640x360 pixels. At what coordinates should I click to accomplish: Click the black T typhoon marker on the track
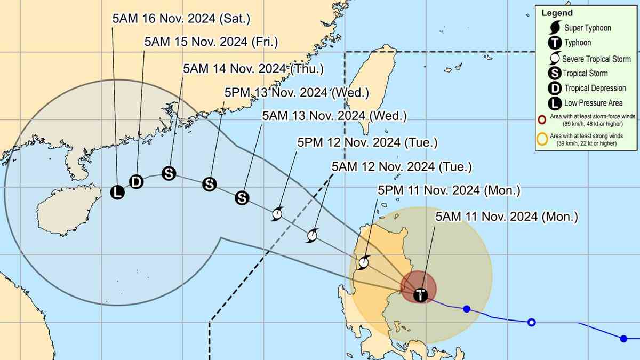[x=421, y=294]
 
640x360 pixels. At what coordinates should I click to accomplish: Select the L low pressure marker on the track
[x=117, y=193]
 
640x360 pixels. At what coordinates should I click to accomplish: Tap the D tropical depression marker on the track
[x=136, y=181]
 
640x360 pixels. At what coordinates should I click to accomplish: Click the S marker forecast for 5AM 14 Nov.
[x=169, y=173]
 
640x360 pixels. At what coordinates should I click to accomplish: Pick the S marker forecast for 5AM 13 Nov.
[x=242, y=198]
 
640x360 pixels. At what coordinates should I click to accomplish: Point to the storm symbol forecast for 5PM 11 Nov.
[x=364, y=262]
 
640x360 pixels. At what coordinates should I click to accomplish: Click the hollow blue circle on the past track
[x=531, y=322]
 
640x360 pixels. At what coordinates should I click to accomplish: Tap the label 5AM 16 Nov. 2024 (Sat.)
[x=181, y=18]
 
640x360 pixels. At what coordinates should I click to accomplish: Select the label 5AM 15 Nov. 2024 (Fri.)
[x=212, y=42]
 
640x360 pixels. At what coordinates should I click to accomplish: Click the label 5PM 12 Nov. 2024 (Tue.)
[x=367, y=142]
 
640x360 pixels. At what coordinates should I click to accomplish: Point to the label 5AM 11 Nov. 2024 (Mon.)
[x=507, y=217]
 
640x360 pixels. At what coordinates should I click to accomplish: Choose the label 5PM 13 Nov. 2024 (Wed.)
[x=297, y=92]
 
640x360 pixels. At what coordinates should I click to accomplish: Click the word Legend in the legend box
[x=557, y=13]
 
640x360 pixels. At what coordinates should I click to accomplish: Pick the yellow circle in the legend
[x=542, y=140]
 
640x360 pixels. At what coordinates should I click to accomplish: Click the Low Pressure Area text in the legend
[x=593, y=103]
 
